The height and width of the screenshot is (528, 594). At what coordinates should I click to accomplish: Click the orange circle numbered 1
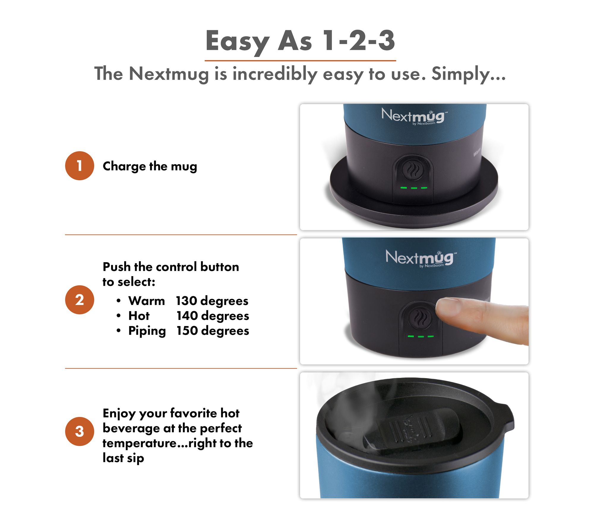coord(80,166)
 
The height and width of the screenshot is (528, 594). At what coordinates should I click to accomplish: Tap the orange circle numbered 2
coord(80,300)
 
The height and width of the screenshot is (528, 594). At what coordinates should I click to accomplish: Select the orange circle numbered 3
coord(80,431)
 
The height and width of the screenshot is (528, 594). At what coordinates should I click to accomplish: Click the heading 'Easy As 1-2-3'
coord(300,41)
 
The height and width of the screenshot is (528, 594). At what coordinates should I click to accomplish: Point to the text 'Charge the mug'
coord(150,166)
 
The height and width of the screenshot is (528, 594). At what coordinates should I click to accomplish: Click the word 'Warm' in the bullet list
coord(146,301)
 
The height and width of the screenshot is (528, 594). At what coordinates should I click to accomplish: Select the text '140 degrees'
coord(213,316)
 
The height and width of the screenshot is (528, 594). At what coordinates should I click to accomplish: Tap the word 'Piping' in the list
coord(147,331)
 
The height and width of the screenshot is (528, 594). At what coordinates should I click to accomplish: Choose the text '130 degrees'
coord(212,301)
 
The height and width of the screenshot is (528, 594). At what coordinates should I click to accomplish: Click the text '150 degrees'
coord(213,331)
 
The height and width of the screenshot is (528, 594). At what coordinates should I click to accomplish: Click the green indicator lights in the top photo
coord(414,188)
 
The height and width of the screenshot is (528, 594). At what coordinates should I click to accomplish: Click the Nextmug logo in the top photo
coord(414,116)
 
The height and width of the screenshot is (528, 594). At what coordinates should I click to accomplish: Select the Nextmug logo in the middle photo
coord(421,258)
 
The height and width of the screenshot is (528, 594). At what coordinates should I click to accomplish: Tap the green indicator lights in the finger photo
coord(421,336)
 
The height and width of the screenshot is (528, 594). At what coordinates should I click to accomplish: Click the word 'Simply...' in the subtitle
coord(468,74)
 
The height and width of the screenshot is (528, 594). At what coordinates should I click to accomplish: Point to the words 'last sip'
coord(123,458)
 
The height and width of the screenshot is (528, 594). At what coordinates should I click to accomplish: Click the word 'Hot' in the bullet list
coord(139,316)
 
